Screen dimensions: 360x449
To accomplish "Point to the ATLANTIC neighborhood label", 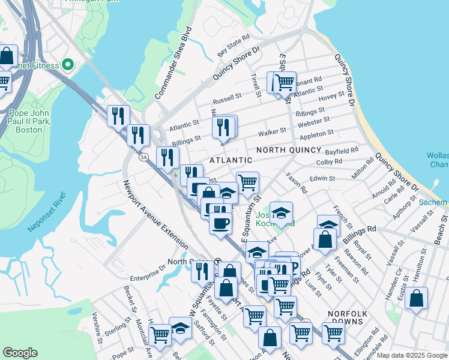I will pyautogui.click(x=231, y=160).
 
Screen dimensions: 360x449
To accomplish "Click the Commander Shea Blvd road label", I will pyautogui.click(x=173, y=63).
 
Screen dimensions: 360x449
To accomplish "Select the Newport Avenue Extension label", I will pyautogui.click(x=155, y=215).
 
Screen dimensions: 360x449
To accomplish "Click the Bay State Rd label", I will pyautogui.click(x=234, y=46).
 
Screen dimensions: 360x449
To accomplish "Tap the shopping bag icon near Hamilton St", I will pyautogui.click(x=416, y=298).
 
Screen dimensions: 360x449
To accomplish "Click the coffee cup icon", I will pyautogui.click(x=220, y=223).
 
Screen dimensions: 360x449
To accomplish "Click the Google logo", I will pyautogui.click(x=20, y=353).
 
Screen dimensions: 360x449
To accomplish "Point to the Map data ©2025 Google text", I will pyautogui.click(x=412, y=355).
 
